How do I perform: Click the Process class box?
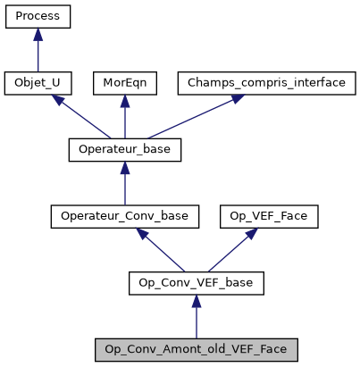pyautogui.click(x=38, y=17)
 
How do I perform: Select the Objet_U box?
pyautogui.click(x=38, y=83)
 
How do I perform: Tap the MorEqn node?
pyautogui.click(x=124, y=83)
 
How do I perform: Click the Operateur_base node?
pyautogui.click(x=124, y=149)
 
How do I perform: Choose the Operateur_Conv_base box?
pyautogui.click(x=124, y=216)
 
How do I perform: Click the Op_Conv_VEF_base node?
pyautogui.click(x=197, y=283)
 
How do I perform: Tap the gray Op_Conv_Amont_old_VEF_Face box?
pyautogui.click(x=197, y=349)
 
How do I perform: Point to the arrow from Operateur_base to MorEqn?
pyautogui.click(x=124, y=117)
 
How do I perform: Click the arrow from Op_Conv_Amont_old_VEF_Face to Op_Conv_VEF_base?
pyautogui.click(x=197, y=317)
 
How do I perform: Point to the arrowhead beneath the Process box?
pyautogui.click(x=38, y=35)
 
